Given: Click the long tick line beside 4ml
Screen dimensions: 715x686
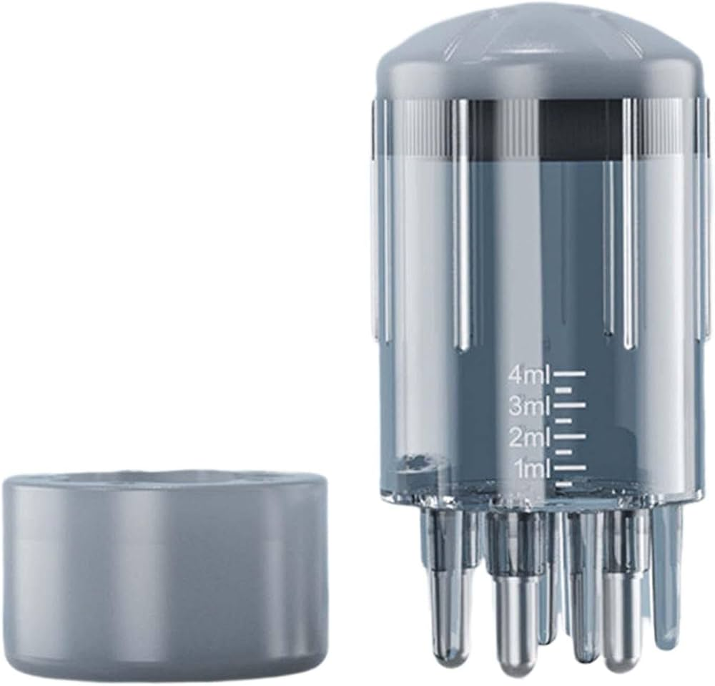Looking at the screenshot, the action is coord(569,374).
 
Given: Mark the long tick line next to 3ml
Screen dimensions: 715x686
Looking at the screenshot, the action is coord(569,404).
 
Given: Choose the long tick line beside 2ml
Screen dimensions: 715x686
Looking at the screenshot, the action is coord(569,436).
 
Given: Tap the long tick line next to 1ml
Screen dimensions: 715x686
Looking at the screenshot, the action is coord(569,467).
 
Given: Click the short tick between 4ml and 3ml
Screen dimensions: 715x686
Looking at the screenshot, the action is coord(563,390).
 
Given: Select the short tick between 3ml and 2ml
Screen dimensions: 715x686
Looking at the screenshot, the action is coord(563,420).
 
